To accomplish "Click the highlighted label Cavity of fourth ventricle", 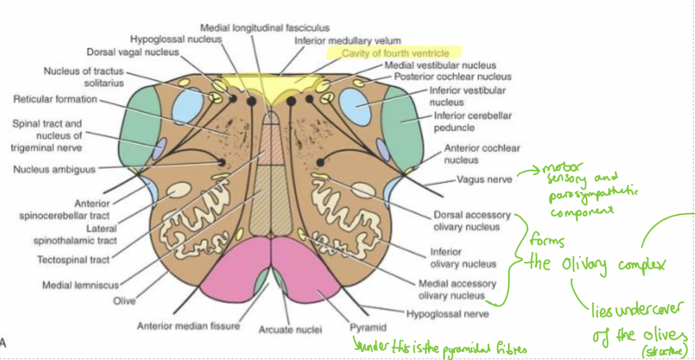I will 395,53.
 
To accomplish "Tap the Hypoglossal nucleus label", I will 176,39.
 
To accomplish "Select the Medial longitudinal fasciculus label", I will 265,28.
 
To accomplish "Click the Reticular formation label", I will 55,99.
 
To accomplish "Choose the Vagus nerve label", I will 484,180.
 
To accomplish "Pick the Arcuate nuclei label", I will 290,329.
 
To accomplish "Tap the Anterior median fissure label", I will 188,326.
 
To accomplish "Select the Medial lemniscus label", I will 81,285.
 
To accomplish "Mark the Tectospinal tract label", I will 73,259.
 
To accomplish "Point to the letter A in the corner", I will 3,342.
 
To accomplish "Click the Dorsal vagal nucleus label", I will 132,52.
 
